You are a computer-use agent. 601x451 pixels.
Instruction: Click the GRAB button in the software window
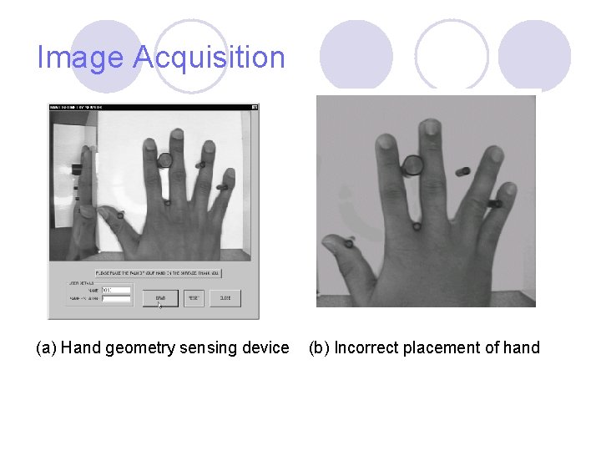click(160, 298)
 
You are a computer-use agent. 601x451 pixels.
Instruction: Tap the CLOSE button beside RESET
click(225, 298)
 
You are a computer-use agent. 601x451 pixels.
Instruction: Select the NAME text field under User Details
click(116, 290)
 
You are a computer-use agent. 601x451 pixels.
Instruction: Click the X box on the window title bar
click(255, 107)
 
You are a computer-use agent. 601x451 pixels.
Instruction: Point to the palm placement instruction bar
click(159, 273)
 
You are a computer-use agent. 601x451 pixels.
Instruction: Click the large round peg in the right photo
click(412, 166)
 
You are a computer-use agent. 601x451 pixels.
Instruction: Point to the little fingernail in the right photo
click(496, 155)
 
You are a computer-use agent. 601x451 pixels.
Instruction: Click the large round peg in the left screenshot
click(164, 160)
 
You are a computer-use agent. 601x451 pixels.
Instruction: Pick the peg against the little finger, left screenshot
click(222, 187)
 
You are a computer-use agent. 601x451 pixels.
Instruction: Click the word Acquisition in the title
click(209, 58)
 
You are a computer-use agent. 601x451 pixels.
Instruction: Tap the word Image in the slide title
click(80, 58)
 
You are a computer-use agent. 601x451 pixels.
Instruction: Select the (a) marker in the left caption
click(46, 347)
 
